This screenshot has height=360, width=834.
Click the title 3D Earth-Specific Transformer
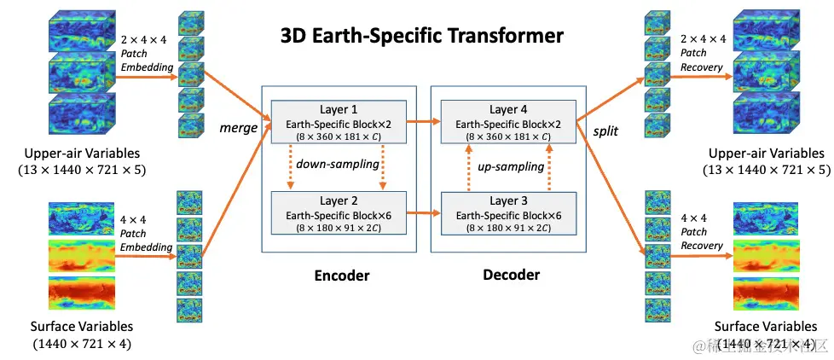(x=421, y=36)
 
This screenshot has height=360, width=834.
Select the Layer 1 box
(x=339, y=122)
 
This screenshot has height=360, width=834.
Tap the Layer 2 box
(x=339, y=213)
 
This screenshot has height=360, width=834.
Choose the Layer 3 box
(x=508, y=213)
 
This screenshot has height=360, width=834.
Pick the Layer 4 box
(x=508, y=122)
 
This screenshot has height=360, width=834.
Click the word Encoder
(x=342, y=276)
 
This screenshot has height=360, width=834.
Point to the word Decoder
(x=511, y=275)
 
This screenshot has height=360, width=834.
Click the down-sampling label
(x=338, y=165)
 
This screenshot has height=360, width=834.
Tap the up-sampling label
(x=511, y=167)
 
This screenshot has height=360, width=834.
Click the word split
(x=605, y=131)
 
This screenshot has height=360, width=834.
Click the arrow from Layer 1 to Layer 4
(x=423, y=122)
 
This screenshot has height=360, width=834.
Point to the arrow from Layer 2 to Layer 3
(x=423, y=214)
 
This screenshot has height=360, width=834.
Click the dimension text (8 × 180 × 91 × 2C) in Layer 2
(x=339, y=227)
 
